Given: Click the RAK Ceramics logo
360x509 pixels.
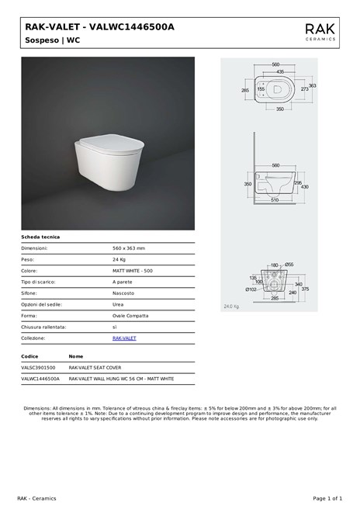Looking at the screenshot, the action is [320, 31].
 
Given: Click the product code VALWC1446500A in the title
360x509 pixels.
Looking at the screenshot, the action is [132, 26].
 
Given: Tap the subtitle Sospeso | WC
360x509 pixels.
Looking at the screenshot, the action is [52, 39].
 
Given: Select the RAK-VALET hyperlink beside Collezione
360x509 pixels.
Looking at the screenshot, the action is [124, 338].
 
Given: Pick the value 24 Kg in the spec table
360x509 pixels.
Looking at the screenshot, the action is [119, 259].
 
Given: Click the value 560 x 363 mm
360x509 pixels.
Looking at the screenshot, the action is [129, 248].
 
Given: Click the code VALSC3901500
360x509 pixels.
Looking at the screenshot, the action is [38, 368].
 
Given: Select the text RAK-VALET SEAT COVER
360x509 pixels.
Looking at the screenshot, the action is [95, 368].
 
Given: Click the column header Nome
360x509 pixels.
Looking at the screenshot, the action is [76, 356].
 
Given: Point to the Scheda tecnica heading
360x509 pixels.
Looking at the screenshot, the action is [40, 237].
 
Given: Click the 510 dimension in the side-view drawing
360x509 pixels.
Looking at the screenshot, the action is [275, 201].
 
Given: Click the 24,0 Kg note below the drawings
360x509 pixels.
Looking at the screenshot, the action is [231, 306].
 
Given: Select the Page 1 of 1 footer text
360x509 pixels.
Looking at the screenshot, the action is [327, 497].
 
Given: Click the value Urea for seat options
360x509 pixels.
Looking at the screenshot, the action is [119, 304].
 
